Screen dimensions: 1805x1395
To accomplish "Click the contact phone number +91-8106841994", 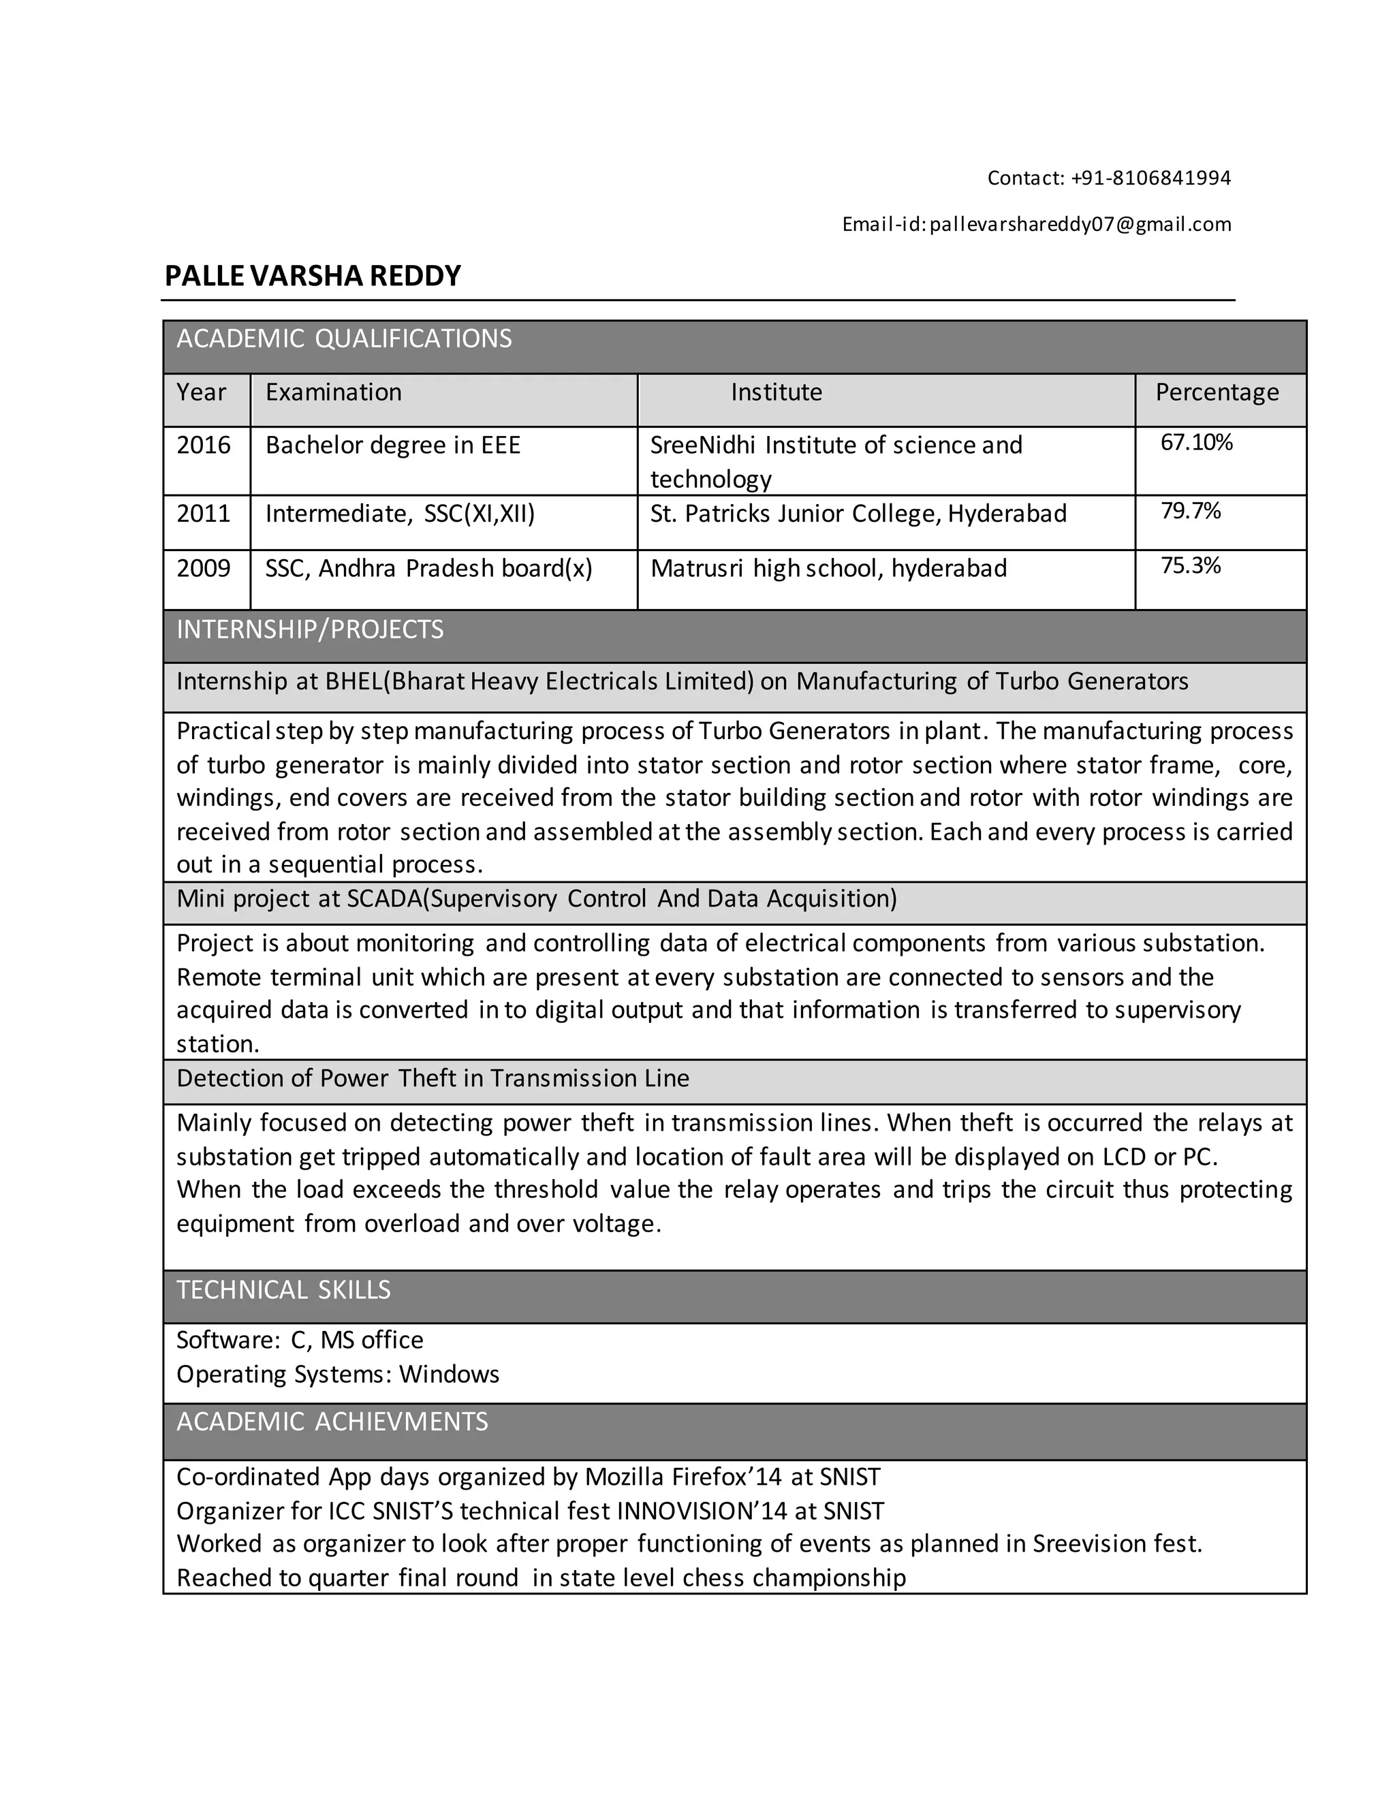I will click(x=1150, y=178).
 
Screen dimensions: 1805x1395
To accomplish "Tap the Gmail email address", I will click(x=1080, y=224).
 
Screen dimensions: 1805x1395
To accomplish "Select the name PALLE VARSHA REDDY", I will click(x=313, y=275).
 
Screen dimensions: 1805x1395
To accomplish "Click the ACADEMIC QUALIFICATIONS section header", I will click(x=344, y=339).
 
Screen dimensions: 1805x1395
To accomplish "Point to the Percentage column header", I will click(x=1217, y=392).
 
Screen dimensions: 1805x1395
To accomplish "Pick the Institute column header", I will click(x=776, y=392).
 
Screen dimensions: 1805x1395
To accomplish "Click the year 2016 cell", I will click(x=203, y=445).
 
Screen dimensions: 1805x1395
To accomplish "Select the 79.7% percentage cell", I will click(x=1190, y=511).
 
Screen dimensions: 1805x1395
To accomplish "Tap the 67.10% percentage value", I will click(x=1196, y=442).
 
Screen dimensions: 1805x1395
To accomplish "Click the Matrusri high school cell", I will click(x=828, y=569).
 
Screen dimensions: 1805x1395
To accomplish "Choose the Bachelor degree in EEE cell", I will click(x=392, y=445).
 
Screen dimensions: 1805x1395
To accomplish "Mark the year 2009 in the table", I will click(x=203, y=569).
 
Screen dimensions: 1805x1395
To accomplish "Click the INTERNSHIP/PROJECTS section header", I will click(x=310, y=630).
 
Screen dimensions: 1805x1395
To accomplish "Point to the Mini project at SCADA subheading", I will click(x=536, y=898).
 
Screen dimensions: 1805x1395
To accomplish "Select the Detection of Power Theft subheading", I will click(x=433, y=1078).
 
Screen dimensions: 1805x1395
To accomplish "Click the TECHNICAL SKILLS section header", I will click(x=283, y=1289).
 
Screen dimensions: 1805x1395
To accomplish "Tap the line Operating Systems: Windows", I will click(x=337, y=1374).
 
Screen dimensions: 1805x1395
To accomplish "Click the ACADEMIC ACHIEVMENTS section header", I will click(x=332, y=1421).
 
